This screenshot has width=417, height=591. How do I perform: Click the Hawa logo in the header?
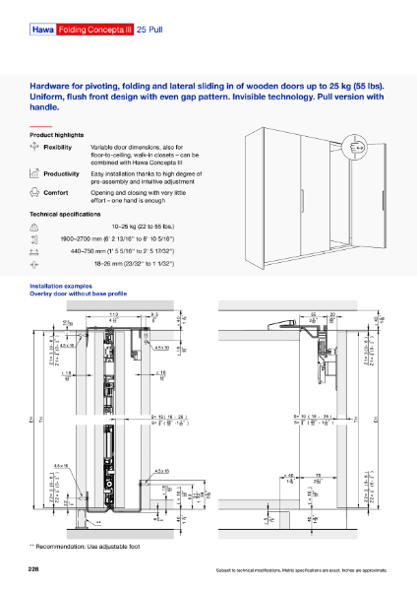point(42,32)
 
